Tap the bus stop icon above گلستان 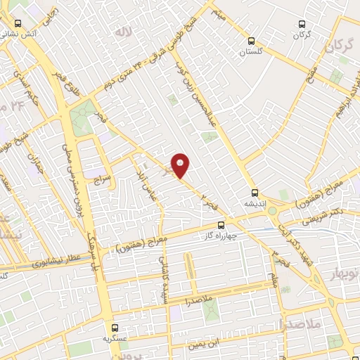252,41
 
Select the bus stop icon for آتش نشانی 17,22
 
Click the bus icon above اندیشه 255,192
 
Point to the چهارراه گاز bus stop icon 221,225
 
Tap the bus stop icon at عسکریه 115,327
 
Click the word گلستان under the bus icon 250,53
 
